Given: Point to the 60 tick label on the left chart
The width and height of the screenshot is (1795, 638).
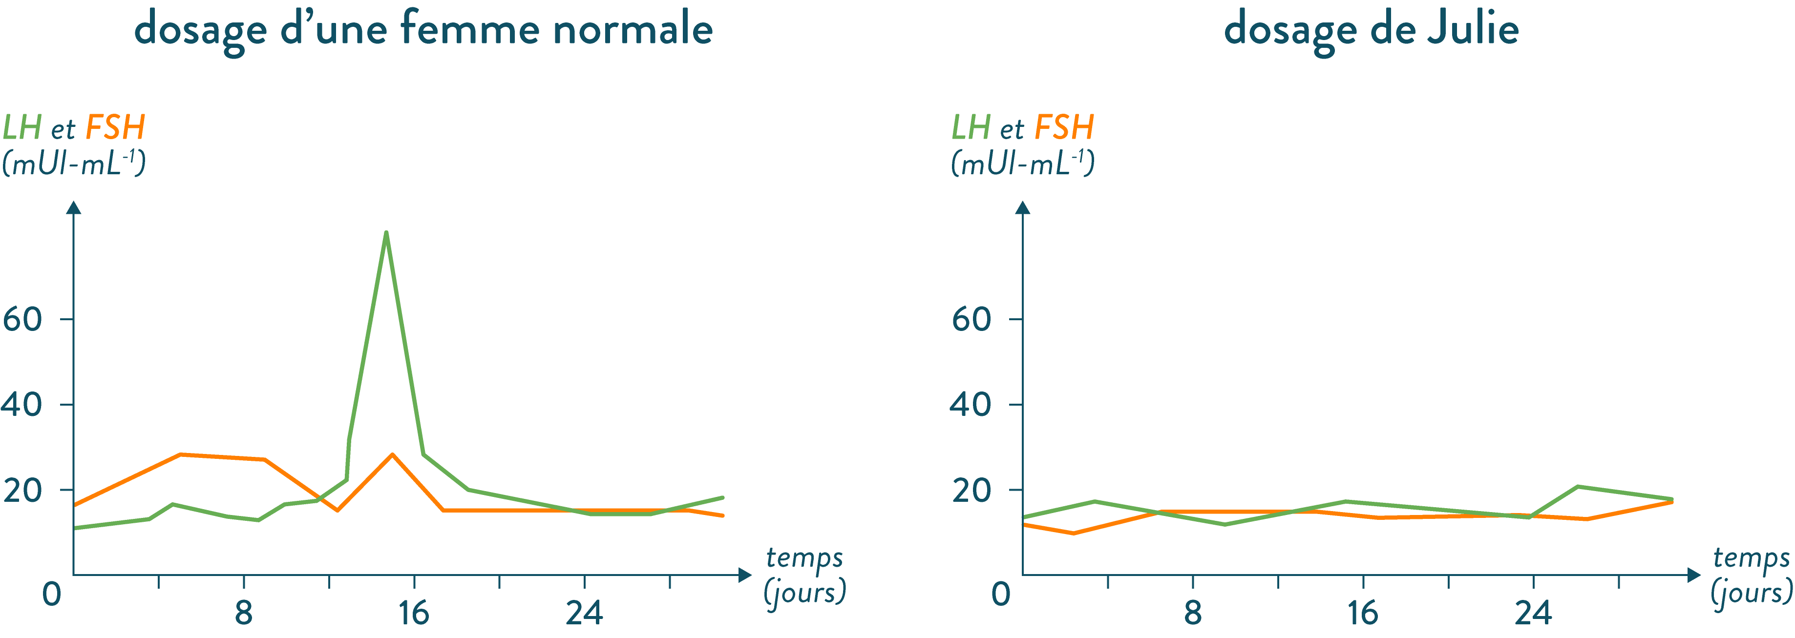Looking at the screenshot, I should [22, 319].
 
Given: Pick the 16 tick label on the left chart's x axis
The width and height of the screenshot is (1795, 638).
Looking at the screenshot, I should [414, 613].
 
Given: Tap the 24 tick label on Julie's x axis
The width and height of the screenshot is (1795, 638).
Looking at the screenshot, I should [1533, 613].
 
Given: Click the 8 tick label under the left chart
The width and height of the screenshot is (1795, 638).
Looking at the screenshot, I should [243, 613].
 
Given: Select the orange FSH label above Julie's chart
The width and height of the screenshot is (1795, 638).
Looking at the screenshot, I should [1063, 127].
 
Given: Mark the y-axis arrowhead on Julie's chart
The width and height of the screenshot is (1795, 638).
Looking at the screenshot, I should [1022, 207].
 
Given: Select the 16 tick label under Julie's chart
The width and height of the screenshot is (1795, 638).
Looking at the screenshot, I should [1363, 613].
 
